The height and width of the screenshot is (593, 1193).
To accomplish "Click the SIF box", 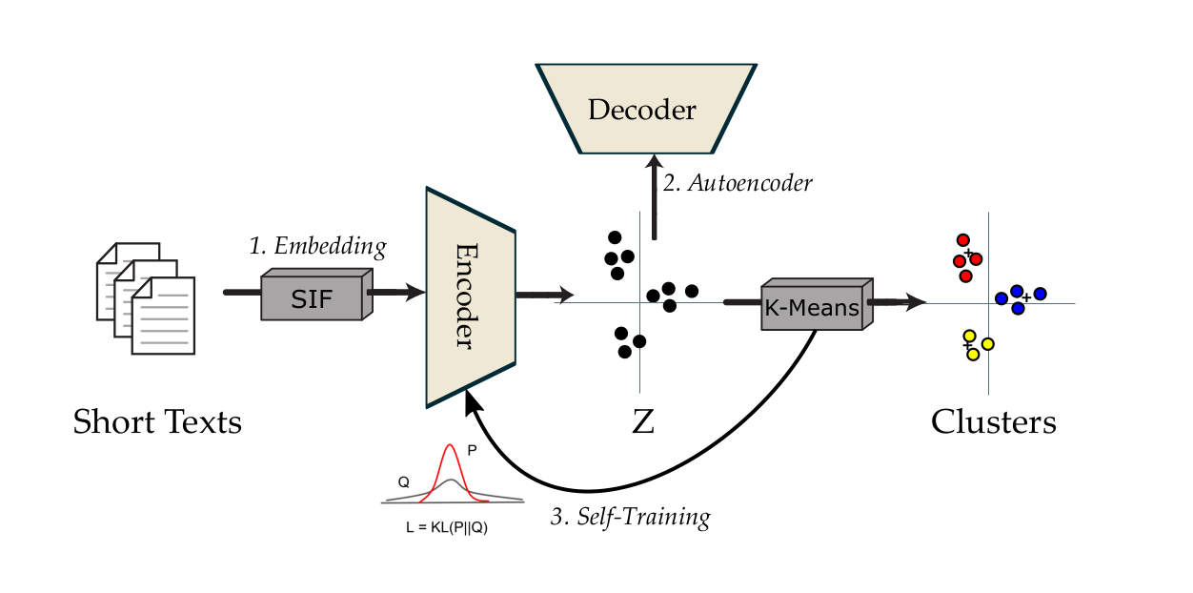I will pyautogui.click(x=312, y=299).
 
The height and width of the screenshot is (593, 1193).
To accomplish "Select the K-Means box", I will pyautogui.click(x=812, y=308).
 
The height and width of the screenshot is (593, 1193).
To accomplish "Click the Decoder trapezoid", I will pyautogui.click(x=642, y=110).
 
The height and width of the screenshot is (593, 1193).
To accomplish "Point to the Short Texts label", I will pyautogui.click(x=157, y=420).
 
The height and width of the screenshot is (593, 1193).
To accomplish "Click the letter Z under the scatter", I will pyautogui.click(x=643, y=421).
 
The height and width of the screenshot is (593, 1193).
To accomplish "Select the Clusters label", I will pyautogui.click(x=993, y=420).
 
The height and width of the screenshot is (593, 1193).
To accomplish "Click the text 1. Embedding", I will pyautogui.click(x=317, y=246).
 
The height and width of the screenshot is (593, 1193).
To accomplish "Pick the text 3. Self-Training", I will pyautogui.click(x=631, y=518).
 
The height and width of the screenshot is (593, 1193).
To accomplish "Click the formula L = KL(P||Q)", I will pyautogui.click(x=447, y=525).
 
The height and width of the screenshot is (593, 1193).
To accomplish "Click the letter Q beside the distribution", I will pyautogui.click(x=404, y=482).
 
